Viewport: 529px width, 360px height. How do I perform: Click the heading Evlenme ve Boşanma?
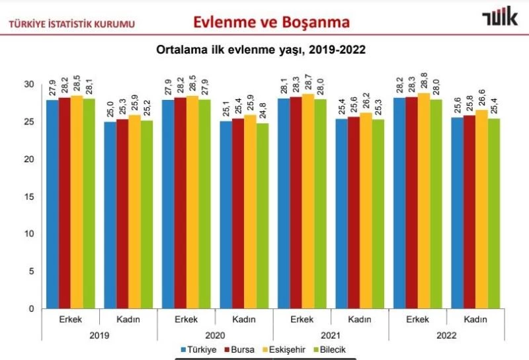pos(271,22)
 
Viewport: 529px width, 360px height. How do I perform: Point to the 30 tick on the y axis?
pos(28,85)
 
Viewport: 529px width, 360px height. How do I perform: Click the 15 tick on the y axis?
pos(28,197)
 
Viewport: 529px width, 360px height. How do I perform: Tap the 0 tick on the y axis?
pos(31,308)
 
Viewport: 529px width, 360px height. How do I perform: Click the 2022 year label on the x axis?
pos(446,336)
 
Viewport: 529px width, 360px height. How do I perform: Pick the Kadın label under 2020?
pos(244,319)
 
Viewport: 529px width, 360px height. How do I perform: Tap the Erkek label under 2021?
pos(302,319)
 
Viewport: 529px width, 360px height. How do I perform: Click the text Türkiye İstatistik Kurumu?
pos(71,24)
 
